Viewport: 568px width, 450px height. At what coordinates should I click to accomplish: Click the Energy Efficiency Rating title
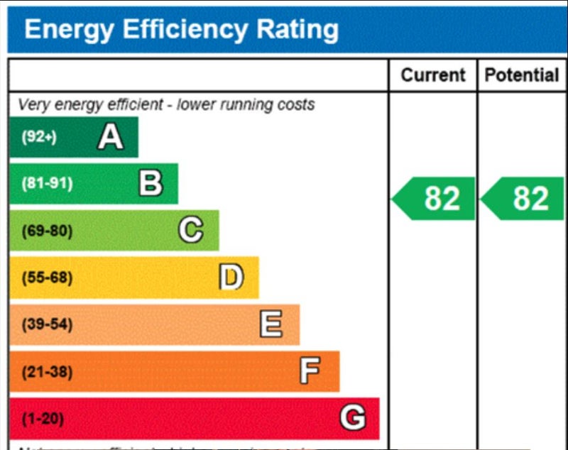[181, 29]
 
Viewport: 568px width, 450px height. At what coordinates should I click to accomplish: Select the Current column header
[433, 75]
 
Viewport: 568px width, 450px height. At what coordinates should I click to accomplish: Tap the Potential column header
[522, 75]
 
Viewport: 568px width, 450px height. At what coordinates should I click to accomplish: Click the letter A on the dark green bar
[110, 137]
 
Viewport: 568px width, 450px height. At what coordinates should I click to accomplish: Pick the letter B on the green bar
[151, 184]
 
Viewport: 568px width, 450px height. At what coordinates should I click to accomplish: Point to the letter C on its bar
[190, 231]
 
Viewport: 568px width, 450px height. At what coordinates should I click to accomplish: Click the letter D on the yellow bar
[231, 278]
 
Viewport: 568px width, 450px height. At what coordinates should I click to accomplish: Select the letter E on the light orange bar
[271, 324]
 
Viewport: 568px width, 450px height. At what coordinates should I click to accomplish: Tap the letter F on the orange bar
[310, 371]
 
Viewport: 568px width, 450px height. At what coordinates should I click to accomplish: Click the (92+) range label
[38, 137]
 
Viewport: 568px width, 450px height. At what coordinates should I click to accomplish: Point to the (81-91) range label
[47, 184]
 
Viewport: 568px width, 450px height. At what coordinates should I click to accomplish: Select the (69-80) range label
[47, 231]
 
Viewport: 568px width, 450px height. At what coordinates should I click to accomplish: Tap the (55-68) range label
[47, 278]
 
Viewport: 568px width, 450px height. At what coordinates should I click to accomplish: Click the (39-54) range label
[47, 324]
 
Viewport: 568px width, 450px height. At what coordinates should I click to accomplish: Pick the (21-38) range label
[47, 371]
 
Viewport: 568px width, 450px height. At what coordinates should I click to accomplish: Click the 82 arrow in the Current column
[435, 199]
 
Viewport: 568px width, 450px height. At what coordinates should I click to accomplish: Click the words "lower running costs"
[246, 105]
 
